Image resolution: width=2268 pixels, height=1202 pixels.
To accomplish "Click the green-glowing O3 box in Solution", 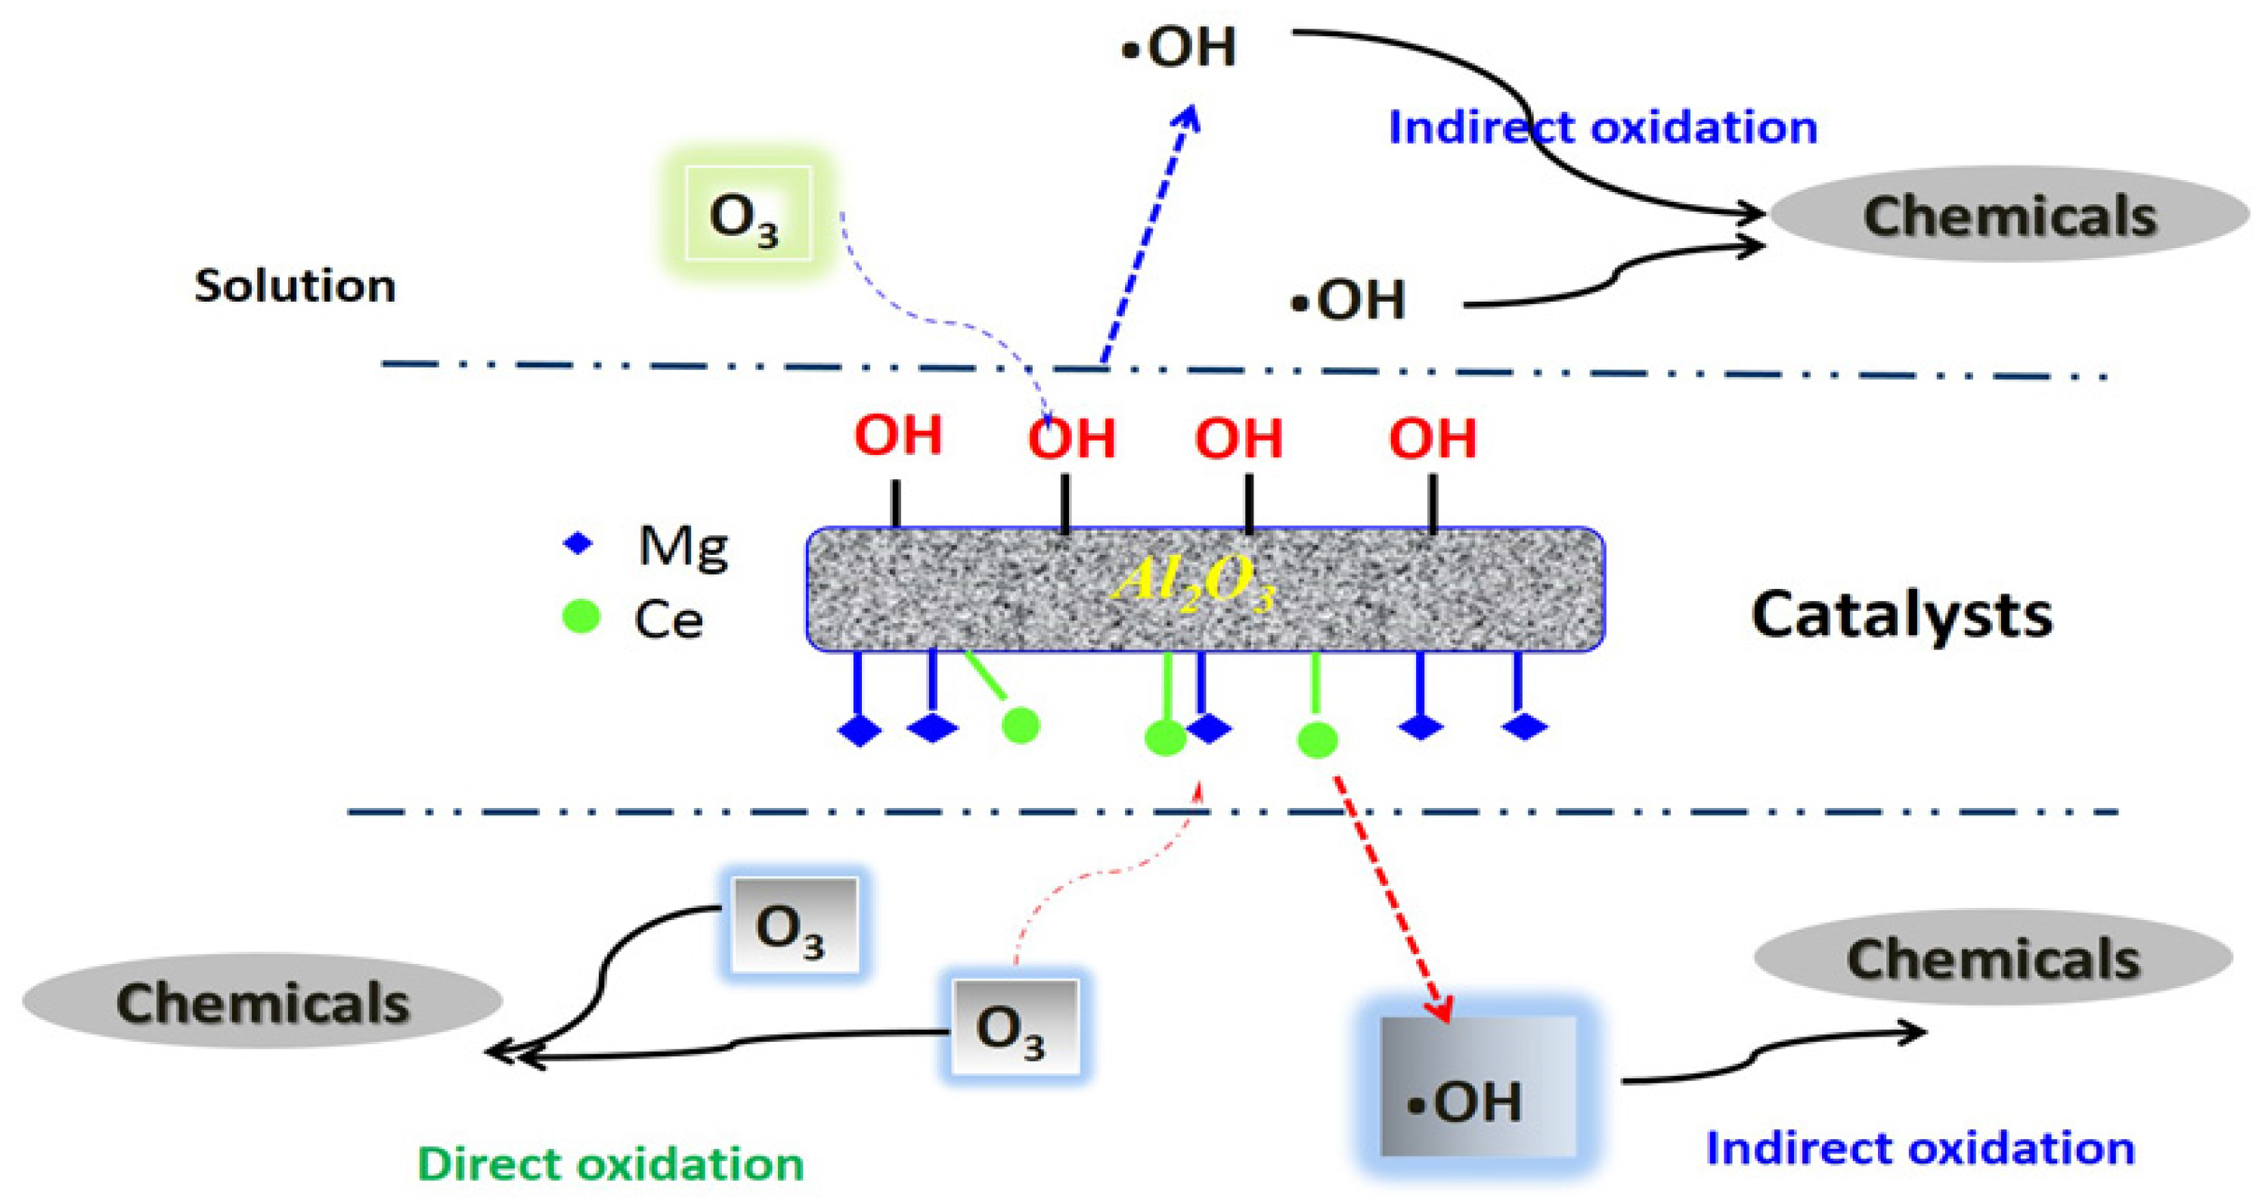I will [x=748, y=214].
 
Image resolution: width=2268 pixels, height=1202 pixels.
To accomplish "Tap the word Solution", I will [x=295, y=287].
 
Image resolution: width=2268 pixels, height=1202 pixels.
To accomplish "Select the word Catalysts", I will [x=1902, y=615].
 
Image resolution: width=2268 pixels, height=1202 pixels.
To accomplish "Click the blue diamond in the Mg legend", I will [x=578, y=544].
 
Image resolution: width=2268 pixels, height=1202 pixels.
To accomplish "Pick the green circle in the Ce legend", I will [x=581, y=616].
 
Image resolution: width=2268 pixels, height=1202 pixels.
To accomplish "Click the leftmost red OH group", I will [x=898, y=434].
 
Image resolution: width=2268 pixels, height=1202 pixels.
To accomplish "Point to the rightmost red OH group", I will [x=1433, y=438].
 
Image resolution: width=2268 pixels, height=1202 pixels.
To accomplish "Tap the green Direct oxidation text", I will [x=610, y=1164].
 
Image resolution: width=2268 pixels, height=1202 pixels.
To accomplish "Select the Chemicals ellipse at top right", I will [x=2009, y=215].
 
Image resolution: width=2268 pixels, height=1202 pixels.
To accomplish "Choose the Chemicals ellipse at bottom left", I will [x=262, y=1002].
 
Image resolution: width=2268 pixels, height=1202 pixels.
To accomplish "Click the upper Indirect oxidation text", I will [x=1603, y=128].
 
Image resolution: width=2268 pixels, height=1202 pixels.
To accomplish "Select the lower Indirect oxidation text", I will [x=1920, y=1148].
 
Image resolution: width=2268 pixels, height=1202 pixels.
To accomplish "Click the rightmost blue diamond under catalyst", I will [x=1524, y=727].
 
